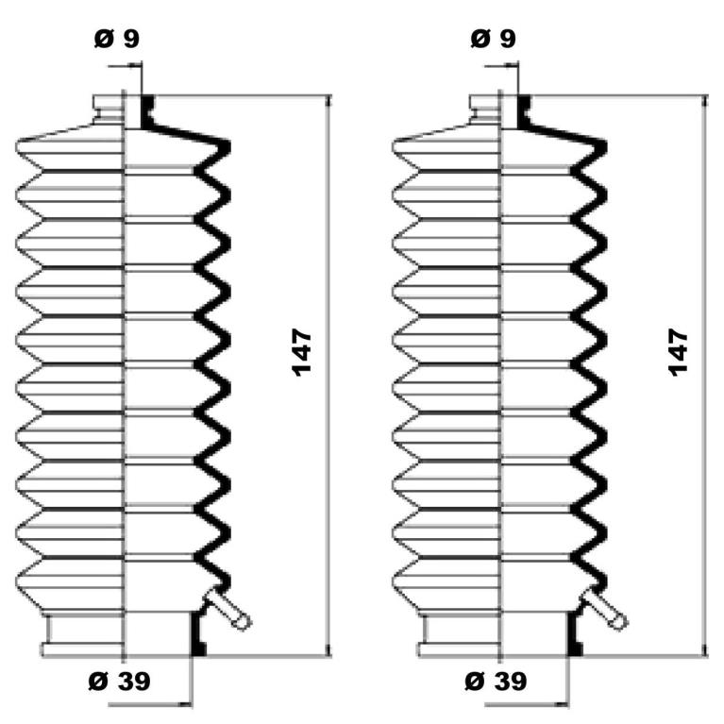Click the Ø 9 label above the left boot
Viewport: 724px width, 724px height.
click(x=116, y=39)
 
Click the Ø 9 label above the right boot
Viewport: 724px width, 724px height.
click(x=493, y=39)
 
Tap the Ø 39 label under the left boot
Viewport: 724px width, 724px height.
click(x=119, y=682)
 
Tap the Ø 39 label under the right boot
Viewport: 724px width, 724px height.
click(x=496, y=682)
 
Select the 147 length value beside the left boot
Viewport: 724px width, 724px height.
click(x=302, y=352)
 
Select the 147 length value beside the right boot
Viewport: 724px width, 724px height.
click(x=679, y=352)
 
